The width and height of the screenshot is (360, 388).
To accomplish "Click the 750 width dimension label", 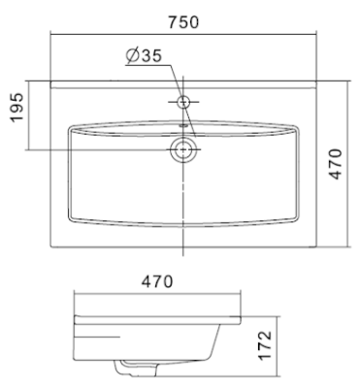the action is point(183,22).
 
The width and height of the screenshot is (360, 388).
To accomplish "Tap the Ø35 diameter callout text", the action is point(144,55).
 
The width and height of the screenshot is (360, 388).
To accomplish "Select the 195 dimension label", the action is point(17,108).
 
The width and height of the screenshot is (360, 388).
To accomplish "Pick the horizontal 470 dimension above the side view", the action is point(157,281).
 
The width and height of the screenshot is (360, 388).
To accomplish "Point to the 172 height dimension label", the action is point(265,345).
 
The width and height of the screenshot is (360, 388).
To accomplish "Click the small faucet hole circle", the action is point(183,102).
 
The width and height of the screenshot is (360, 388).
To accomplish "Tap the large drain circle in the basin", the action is point(183,149).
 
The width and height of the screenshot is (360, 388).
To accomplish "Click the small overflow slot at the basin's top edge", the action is point(183,125).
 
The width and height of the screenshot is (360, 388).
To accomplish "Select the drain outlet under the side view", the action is point(136,369).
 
